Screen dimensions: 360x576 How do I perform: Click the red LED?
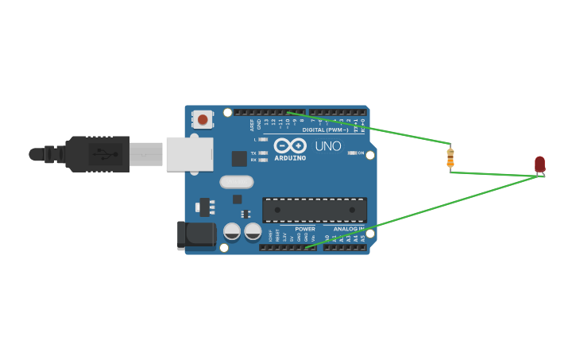click(x=539, y=164)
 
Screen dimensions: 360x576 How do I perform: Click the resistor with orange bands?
click(x=450, y=158)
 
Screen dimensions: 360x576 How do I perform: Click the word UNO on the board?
click(x=328, y=146)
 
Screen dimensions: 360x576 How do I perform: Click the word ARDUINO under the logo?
click(x=290, y=157)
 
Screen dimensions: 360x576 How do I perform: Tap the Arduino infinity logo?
click(x=290, y=145)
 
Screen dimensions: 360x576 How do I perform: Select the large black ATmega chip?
click(x=315, y=210)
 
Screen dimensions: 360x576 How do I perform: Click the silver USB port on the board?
click(x=190, y=154)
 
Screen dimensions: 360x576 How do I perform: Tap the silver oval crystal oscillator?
click(x=236, y=182)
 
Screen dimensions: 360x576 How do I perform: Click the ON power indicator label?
click(x=360, y=153)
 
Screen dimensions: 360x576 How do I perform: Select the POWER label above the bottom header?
click(x=305, y=229)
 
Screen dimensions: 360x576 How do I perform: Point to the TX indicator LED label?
click(x=253, y=153)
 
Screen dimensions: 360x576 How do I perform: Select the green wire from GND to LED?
click(x=421, y=212)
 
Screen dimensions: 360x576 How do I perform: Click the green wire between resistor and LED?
click(x=497, y=174)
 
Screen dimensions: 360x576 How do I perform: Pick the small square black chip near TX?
click(x=238, y=158)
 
